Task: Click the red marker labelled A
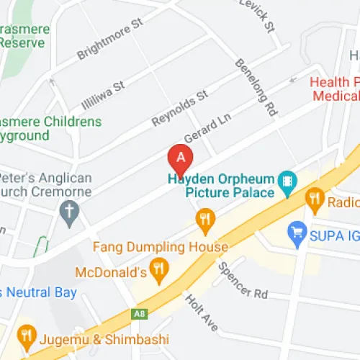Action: tap(181, 157)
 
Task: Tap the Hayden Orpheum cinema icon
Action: tap(287, 183)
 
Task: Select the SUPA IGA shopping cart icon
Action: tap(296, 232)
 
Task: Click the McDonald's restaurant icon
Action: tap(160, 271)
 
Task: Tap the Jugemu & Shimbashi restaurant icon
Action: tap(27, 335)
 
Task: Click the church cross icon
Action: tap(70, 213)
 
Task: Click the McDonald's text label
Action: tap(112, 272)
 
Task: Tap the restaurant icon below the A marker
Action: tap(205, 220)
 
